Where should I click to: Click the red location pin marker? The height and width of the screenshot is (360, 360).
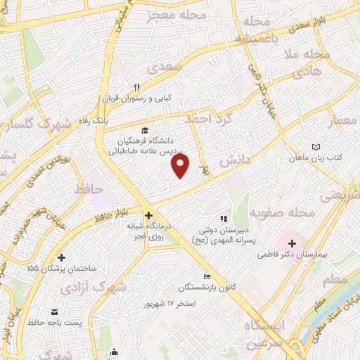tap(181, 167)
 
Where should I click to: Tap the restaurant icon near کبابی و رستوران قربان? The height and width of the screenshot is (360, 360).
tap(137, 87)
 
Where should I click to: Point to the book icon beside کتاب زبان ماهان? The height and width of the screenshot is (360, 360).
tap(316, 146)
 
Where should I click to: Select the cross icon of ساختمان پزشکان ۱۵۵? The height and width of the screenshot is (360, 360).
tap(63, 257)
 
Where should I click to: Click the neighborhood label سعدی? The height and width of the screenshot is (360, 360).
tap(165, 66)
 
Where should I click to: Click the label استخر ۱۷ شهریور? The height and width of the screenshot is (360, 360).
tap(171, 303)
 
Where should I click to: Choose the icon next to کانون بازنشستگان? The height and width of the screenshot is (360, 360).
tap(206, 276)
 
